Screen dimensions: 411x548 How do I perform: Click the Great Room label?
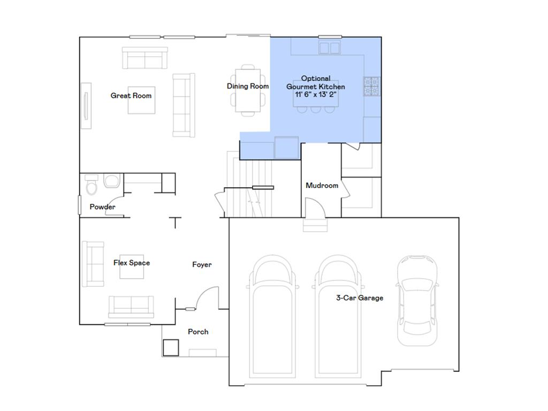click(131, 96)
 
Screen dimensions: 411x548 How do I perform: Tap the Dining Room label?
click(248, 86)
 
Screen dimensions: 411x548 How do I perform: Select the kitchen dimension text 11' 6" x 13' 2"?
click(316, 94)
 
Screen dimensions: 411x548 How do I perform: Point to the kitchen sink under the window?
click(330, 48)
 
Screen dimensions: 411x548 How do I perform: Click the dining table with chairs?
click(248, 90)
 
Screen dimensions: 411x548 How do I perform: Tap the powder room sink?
click(112, 181)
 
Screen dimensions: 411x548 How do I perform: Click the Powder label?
click(102, 207)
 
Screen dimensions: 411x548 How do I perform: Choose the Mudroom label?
click(322, 186)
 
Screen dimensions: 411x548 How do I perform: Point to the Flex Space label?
click(132, 263)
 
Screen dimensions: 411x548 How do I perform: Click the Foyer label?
click(202, 264)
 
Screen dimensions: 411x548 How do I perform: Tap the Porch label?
click(198, 332)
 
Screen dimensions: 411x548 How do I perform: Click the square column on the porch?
click(171, 348)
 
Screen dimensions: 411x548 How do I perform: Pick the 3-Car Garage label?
click(360, 298)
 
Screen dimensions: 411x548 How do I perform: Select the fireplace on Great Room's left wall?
click(86, 105)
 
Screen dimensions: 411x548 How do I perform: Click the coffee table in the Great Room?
click(141, 100)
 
